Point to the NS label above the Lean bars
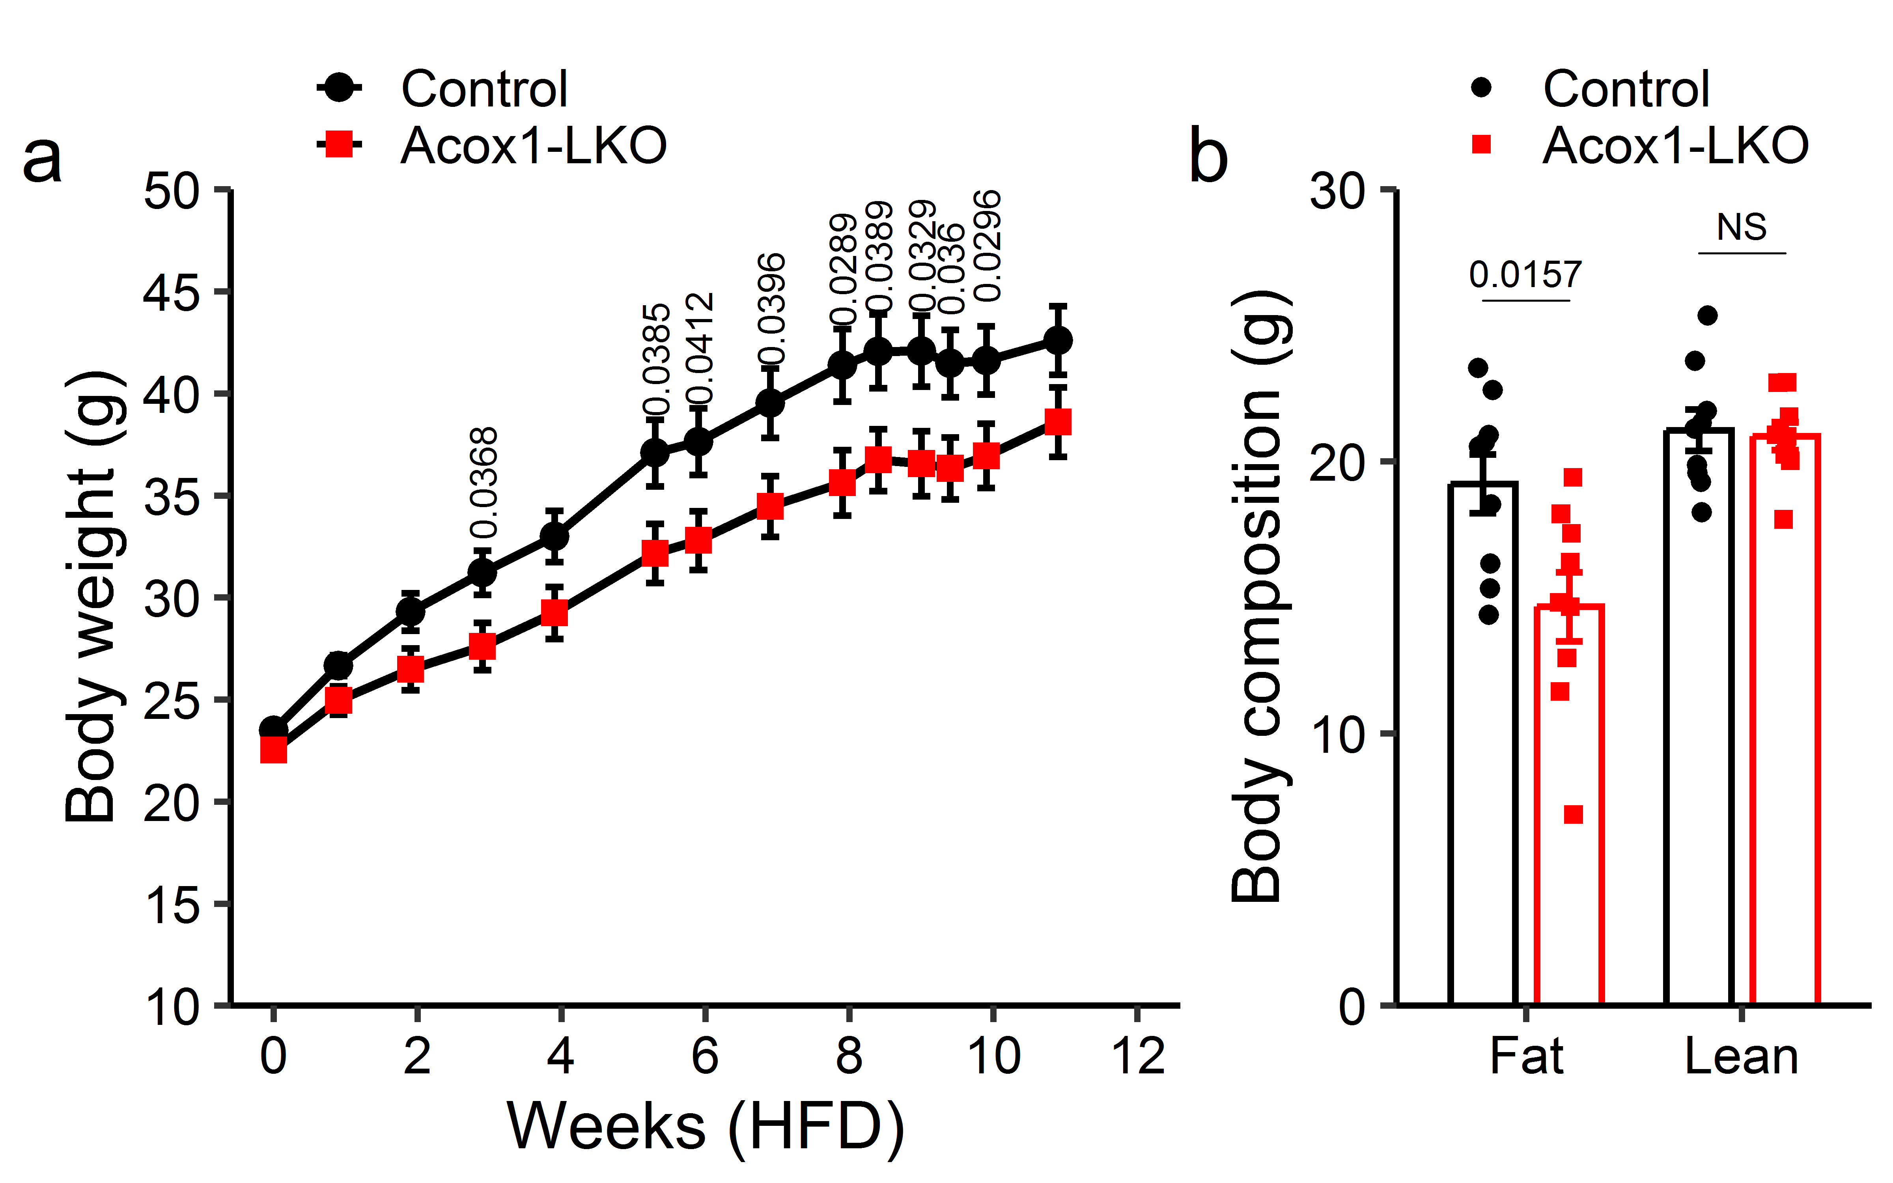tap(1741, 228)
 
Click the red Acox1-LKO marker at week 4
tap(554, 613)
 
